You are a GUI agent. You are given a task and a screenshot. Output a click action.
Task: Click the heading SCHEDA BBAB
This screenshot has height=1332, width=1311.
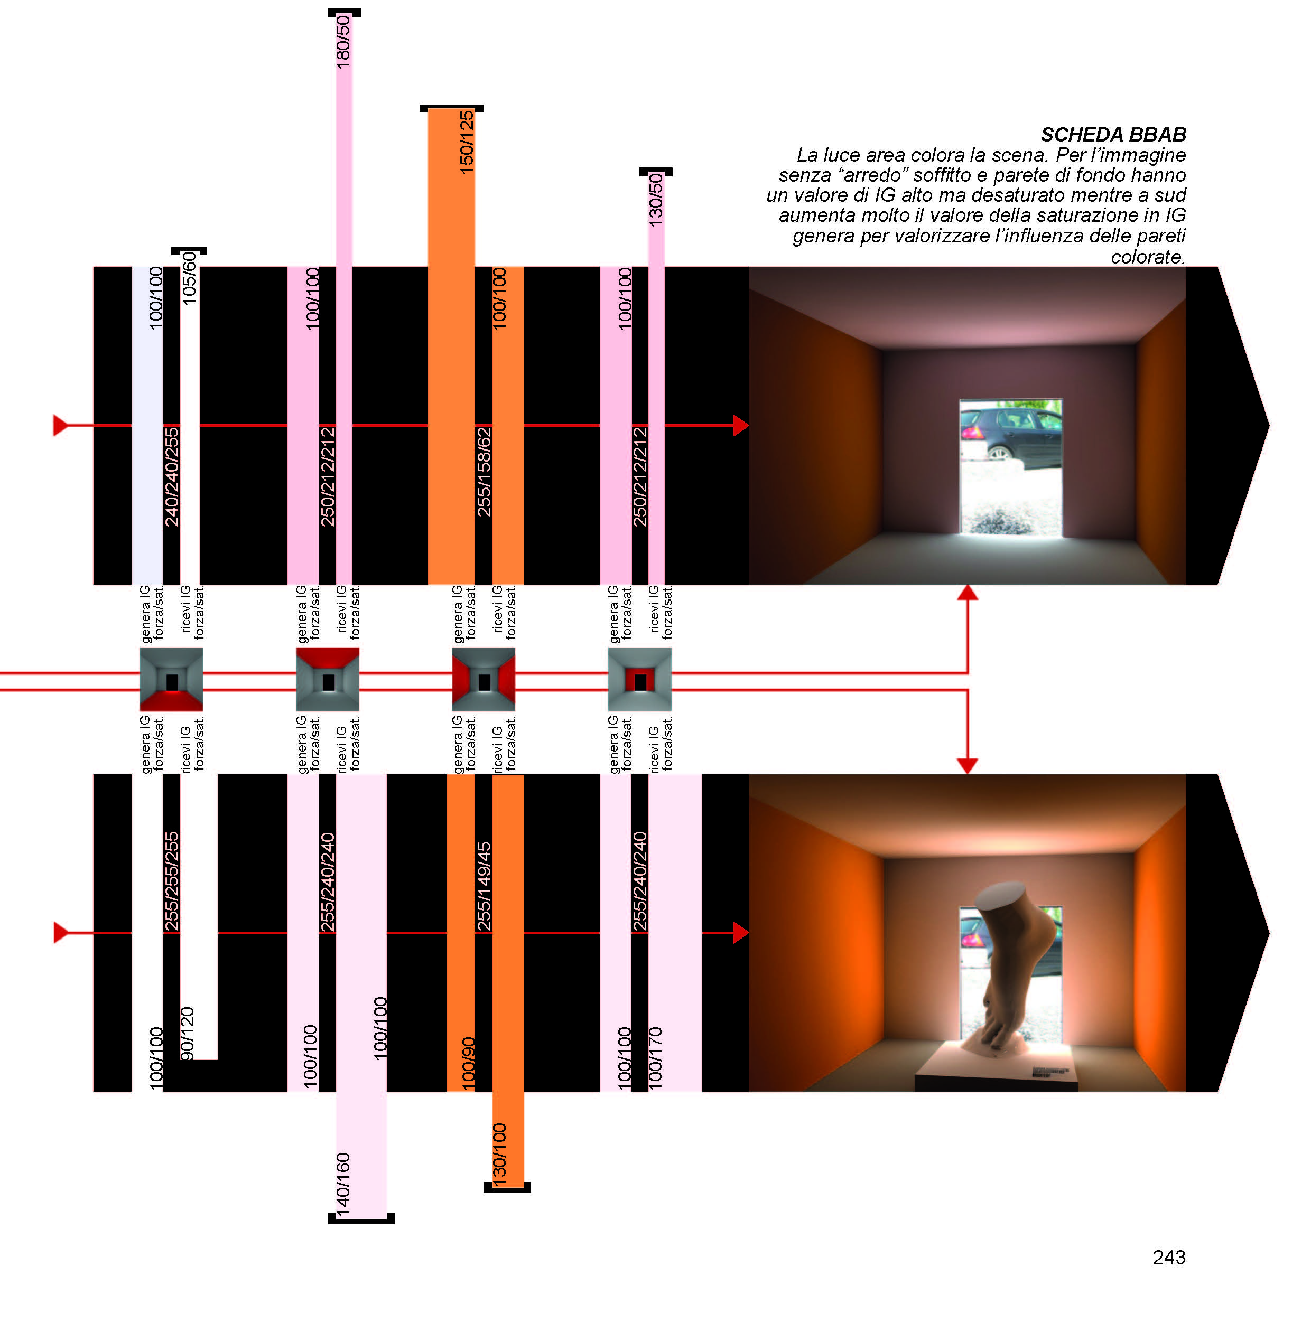[1113, 134]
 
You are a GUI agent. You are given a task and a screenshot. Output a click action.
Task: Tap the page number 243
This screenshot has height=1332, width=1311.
[1168, 1257]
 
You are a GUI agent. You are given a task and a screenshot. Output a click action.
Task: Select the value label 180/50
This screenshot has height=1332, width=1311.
[343, 41]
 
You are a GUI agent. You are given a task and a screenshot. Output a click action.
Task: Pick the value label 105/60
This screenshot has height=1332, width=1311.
[189, 278]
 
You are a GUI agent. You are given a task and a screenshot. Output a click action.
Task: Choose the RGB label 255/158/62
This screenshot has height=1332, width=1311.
[484, 472]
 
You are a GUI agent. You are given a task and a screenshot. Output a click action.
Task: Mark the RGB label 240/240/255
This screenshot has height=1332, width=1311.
[171, 476]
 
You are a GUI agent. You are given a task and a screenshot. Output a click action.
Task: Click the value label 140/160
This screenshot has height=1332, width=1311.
[343, 1185]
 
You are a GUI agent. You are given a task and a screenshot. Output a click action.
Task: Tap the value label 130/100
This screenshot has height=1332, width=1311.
[499, 1156]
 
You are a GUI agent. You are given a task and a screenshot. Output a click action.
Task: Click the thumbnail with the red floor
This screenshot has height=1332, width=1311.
[171, 679]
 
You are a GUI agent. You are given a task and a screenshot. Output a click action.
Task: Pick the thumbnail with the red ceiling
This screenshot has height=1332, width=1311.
[328, 679]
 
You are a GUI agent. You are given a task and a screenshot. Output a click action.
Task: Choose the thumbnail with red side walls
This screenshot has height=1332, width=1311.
[484, 679]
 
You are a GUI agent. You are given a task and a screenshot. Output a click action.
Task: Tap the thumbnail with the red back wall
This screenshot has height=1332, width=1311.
[640, 679]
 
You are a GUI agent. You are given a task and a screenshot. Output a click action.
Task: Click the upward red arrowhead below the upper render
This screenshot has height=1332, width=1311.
[968, 593]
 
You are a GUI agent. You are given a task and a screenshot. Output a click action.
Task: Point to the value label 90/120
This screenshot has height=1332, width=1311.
[187, 1033]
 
